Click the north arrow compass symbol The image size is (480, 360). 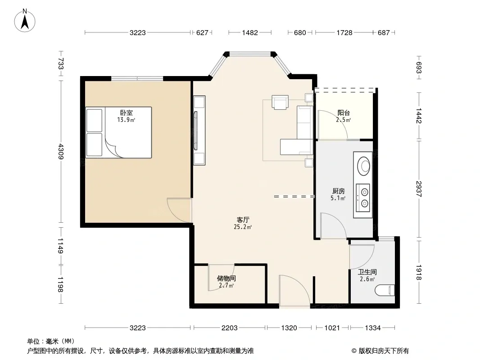[x=25, y=21]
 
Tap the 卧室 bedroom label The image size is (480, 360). [x=126, y=113]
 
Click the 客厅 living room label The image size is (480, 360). [x=243, y=220]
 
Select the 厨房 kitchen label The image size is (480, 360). [x=338, y=191]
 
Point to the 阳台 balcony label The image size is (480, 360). [x=344, y=113]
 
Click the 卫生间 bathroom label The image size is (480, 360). [x=367, y=272]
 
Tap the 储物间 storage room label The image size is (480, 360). [x=226, y=279]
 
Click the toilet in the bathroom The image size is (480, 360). [x=385, y=290]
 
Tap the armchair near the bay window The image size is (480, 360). [x=280, y=102]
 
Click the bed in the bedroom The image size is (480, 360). [x=119, y=132]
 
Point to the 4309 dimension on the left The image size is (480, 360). [x=61, y=151]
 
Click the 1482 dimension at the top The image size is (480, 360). [x=250, y=32]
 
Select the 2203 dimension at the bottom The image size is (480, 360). [x=229, y=328]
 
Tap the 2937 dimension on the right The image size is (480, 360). [x=419, y=189]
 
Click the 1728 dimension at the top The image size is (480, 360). [x=344, y=32]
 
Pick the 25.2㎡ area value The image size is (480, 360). [x=243, y=227]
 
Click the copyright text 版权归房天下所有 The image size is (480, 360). [x=384, y=351]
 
